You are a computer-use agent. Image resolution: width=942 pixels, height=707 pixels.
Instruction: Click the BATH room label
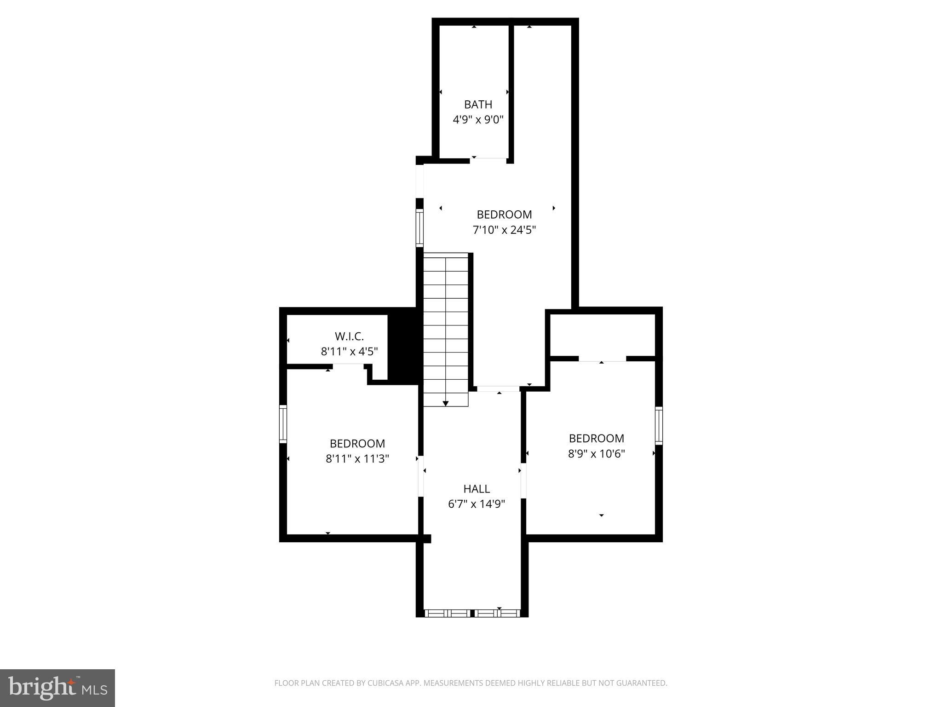(x=478, y=104)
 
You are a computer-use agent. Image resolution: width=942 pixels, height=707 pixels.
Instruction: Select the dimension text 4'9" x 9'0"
(x=478, y=120)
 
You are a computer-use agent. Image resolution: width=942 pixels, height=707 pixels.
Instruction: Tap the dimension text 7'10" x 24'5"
(x=504, y=230)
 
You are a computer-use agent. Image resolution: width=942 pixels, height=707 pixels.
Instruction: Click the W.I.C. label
(x=349, y=336)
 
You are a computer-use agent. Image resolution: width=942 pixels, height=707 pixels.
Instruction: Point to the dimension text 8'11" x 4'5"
(x=349, y=352)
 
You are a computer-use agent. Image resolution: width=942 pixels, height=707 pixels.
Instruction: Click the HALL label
(x=477, y=489)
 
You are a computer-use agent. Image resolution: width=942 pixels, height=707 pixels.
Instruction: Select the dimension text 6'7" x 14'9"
(x=477, y=504)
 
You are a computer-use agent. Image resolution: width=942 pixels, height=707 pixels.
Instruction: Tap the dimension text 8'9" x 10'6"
(x=596, y=454)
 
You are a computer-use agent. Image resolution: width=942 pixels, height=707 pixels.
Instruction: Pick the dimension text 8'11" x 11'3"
(x=357, y=459)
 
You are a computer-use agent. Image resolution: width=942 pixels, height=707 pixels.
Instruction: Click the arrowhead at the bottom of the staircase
(x=445, y=404)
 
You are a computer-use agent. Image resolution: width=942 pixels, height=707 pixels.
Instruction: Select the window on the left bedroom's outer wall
(x=283, y=424)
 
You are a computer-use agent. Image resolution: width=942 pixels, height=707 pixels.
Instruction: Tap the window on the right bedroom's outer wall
(x=659, y=425)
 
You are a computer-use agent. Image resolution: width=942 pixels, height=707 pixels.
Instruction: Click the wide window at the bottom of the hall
(x=472, y=613)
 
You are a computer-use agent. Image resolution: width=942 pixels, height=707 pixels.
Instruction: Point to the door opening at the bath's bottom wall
(x=488, y=160)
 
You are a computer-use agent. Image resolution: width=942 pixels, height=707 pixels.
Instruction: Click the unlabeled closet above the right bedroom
(x=603, y=335)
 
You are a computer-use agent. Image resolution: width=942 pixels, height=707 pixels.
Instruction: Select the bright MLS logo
(x=57, y=688)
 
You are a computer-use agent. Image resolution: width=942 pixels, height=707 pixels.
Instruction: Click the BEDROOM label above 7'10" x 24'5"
(x=504, y=214)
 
